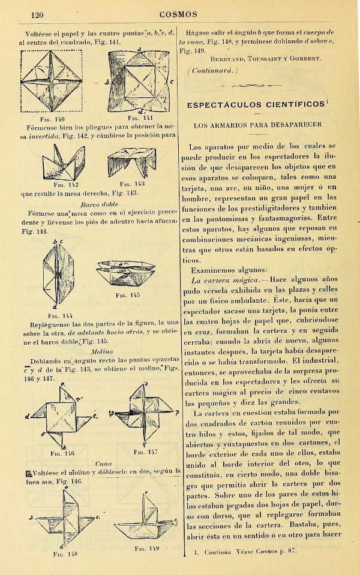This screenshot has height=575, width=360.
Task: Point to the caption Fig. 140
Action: [53, 119]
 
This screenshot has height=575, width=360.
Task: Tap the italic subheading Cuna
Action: [103, 464]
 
